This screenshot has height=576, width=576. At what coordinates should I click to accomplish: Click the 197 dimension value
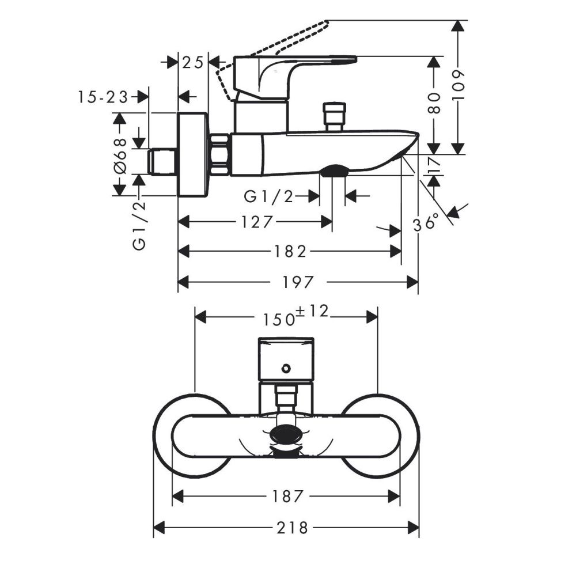pyautogui.click(x=298, y=282)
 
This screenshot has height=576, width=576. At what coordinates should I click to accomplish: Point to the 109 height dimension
pyautogui.click(x=458, y=87)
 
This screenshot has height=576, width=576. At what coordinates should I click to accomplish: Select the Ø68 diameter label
pyautogui.click(x=120, y=154)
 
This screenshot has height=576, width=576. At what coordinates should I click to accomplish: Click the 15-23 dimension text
pyautogui.click(x=103, y=97)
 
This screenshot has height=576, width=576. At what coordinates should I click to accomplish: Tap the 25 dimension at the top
pyautogui.click(x=193, y=62)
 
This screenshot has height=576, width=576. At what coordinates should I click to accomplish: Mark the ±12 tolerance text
pyautogui.click(x=311, y=312)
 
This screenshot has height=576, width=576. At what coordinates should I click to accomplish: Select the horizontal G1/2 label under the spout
pyautogui.click(x=269, y=197)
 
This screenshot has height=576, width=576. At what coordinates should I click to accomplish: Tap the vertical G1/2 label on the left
pyautogui.click(x=139, y=225)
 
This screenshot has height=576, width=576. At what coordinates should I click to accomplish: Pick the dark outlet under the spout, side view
pyautogui.click(x=334, y=171)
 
